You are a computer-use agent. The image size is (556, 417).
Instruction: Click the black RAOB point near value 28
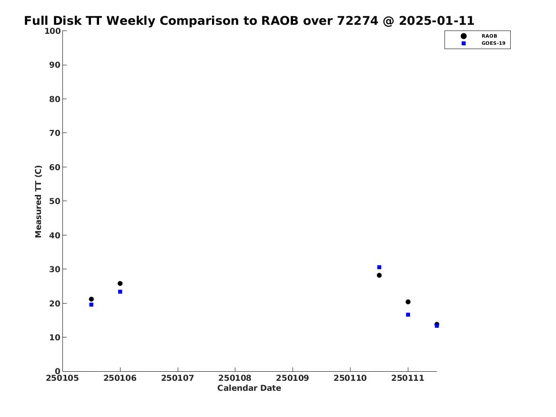(x=379, y=275)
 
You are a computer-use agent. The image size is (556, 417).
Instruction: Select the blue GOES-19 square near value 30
(x=379, y=267)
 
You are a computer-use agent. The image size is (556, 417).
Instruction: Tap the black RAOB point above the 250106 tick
(x=120, y=283)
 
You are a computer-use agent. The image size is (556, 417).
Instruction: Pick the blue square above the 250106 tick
(x=120, y=292)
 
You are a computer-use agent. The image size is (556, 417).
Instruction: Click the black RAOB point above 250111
(x=408, y=302)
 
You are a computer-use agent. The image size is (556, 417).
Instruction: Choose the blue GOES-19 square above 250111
(x=408, y=315)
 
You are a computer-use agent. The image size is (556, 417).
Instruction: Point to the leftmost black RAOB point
(x=91, y=299)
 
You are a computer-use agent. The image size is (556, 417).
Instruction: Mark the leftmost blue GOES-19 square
(x=91, y=305)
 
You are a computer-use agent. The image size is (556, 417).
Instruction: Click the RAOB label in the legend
(x=489, y=36)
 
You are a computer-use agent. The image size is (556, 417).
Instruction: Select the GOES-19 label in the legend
(x=493, y=43)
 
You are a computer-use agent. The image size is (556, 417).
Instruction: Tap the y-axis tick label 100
(x=52, y=31)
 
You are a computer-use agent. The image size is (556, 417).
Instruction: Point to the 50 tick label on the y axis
(x=55, y=201)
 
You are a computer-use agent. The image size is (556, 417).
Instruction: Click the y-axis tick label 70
(x=55, y=133)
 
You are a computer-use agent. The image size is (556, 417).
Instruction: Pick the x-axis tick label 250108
(x=235, y=378)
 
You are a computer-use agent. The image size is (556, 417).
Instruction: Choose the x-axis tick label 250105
(x=62, y=378)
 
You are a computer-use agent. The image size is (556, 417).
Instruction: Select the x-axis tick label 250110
(x=350, y=378)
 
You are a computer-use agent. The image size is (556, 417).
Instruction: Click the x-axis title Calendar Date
(x=249, y=388)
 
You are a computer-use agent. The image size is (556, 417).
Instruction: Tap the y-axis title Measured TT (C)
(x=38, y=201)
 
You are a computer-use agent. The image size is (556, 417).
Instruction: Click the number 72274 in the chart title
(x=357, y=21)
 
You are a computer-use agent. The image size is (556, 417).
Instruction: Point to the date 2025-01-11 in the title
(x=436, y=21)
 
